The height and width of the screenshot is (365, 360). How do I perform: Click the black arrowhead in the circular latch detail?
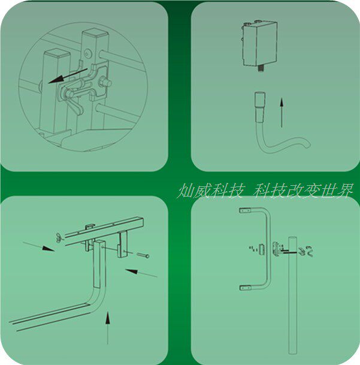click(x=55, y=79)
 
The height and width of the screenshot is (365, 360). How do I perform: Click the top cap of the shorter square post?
click(x=57, y=53)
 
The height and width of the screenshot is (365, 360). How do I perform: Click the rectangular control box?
click(x=259, y=43)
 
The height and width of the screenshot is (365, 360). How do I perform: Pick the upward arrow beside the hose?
click(x=282, y=113)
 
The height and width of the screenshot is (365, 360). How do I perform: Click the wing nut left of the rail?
click(x=59, y=237)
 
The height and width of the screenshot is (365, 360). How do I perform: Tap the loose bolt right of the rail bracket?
click(x=143, y=255)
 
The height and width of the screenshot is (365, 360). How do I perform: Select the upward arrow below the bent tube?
click(x=107, y=328)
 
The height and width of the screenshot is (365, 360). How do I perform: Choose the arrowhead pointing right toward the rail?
click(x=48, y=248)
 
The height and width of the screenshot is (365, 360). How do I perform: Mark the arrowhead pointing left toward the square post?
click(x=131, y=271)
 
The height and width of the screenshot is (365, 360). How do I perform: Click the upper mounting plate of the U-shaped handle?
click(x=246, y=210)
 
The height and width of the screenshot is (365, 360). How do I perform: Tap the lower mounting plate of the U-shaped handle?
click(x=246, y=288)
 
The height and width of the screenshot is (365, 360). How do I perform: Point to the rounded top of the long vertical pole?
click(x=293, y=239)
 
